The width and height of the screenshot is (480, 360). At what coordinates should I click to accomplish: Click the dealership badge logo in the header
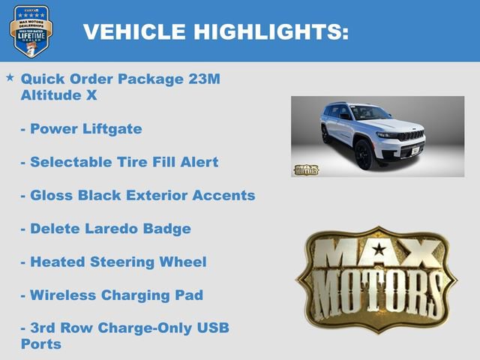(x=31, y=31)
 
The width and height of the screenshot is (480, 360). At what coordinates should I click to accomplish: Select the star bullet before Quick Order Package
(x=10, y=77)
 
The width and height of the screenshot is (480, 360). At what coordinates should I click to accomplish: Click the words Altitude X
(x=59, y=95)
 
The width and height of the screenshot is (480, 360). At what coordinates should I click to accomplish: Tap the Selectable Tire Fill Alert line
(x=119, y=162)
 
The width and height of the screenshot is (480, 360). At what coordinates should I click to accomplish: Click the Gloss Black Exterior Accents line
(x=138, y=195)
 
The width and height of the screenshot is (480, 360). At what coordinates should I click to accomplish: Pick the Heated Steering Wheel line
(x=113, y=262)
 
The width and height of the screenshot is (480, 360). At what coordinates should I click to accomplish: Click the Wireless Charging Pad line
(x=112, y=295)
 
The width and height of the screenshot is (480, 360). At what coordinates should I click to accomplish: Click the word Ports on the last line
(x=41, y=344)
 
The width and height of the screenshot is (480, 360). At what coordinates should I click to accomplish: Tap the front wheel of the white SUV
(x=364, y=155)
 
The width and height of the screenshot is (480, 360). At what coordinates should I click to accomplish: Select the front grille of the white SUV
(x=409, y=136)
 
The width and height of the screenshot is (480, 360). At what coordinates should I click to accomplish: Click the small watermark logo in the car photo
(x=305, y=169)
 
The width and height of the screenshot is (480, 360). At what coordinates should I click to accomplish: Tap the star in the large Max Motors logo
(x=379, y=249)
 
